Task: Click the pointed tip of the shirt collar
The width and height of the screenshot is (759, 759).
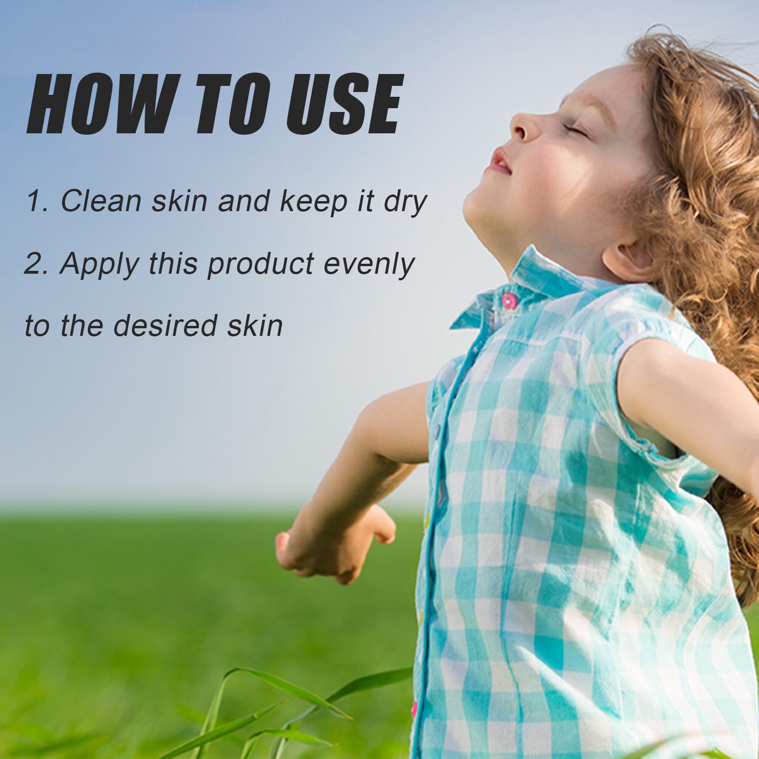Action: coord(452,327)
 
